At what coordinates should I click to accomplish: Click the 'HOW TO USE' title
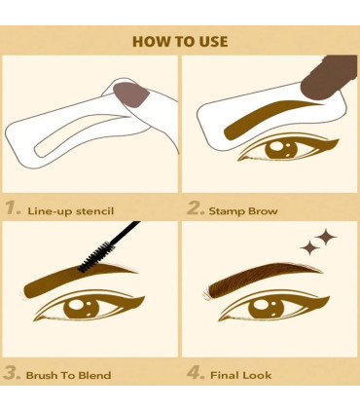180,42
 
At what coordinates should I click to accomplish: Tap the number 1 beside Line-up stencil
12,207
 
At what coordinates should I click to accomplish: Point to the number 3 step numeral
12,373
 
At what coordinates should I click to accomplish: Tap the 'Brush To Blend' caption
68,374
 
